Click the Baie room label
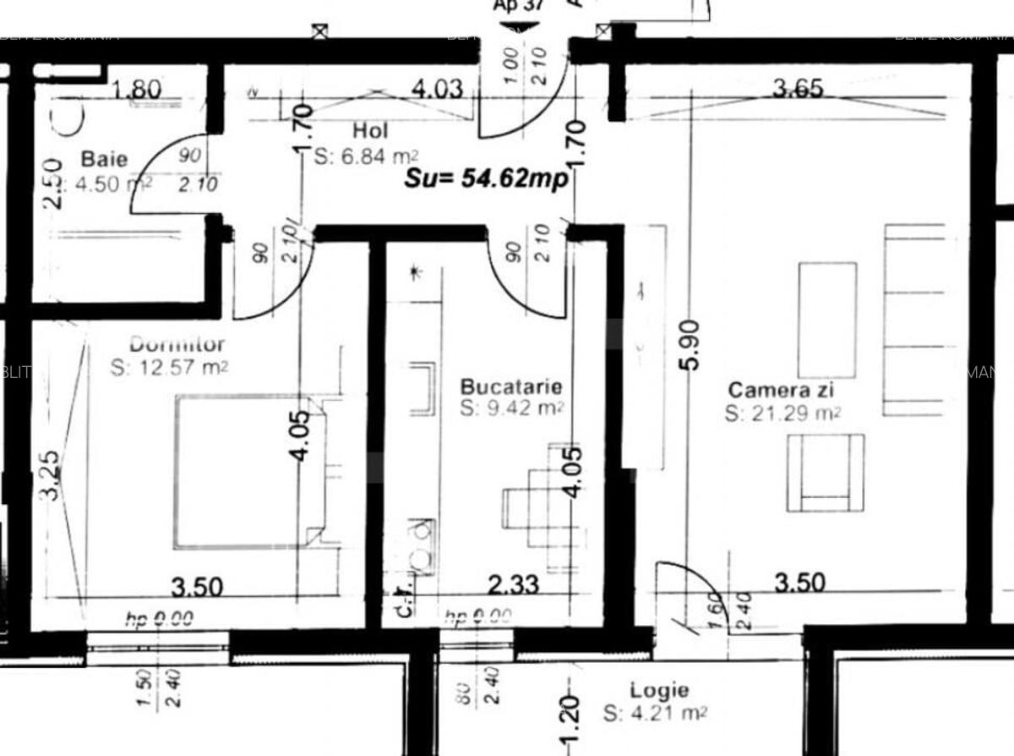(105, 158)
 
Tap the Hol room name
(370, 131)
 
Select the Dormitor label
(177, 344)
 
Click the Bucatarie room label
(510, 386)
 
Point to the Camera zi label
(782, 390)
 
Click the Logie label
(659, 691)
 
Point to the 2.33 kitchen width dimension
(514, 584)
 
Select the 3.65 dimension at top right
(799, 88)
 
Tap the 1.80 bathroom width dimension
(138, 89)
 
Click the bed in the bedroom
(249, 471)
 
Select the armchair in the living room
(826, 473)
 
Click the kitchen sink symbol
(422, 388)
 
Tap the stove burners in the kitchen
(419, 545)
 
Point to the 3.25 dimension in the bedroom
(50, 474)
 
